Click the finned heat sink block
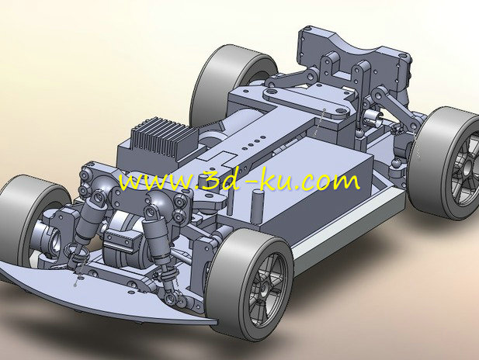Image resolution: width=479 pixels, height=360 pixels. tap(165, 137)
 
